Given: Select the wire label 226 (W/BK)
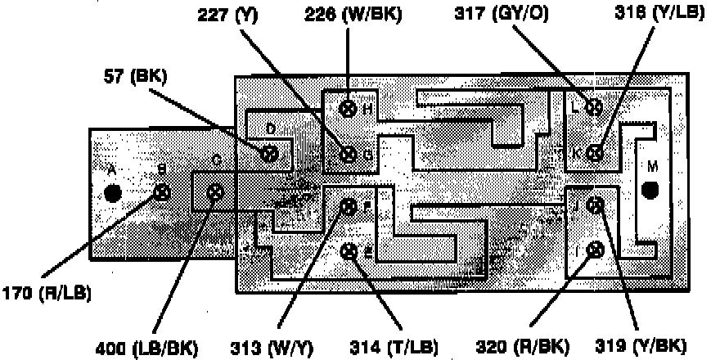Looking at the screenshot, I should pos(353,15).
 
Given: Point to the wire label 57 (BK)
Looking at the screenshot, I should pos(135,78).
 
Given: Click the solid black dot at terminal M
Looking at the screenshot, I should pos(650,191).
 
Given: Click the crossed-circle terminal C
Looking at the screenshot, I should pos(215,193).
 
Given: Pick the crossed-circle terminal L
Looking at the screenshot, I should pos(595,107).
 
